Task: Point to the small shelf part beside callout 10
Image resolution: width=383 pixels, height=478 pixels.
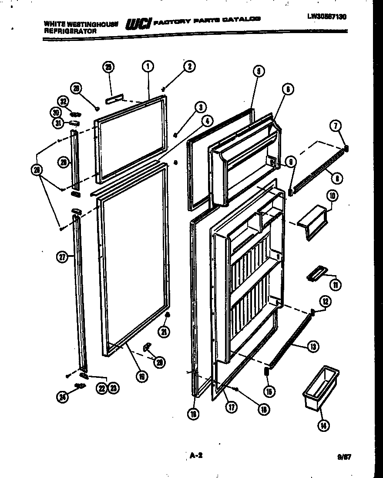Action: pyautogui.click(x=313, y=222)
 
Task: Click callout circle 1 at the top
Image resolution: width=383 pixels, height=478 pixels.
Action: pyautogui.click(x=148, y=67)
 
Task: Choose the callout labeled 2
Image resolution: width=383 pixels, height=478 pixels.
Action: pyautogui.click(x=189, y=67)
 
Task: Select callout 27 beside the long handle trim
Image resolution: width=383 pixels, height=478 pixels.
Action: pyautogui.click(x=63, y=257)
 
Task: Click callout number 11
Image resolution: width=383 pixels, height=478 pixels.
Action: pyautogui.click(x=336, y=285)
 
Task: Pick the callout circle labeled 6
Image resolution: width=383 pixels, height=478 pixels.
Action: pyautogui.click(x=287, y=89)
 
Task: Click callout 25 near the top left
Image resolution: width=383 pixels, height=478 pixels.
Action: pyautogui.click(x=109, y=67)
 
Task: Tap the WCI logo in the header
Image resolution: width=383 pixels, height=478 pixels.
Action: pyautogui.click(x=138, y=24)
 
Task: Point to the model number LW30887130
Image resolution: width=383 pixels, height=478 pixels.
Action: pyautogui.click(x=329, y=17)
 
